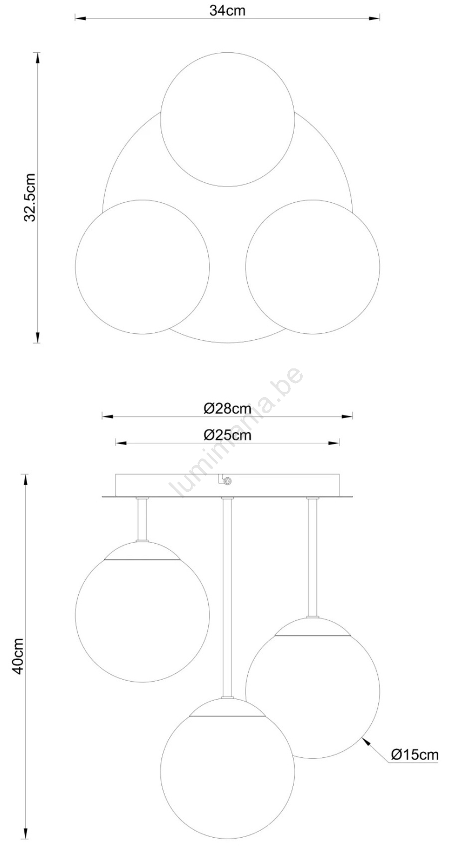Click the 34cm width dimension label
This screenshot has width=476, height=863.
(x=227, y=10)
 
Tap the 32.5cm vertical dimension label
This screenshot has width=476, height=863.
(x=30, y=197)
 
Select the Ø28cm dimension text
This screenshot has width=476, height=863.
(x=227, y=408)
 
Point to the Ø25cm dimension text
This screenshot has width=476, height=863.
(x=227, y=435)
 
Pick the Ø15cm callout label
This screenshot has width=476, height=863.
(x=414, y=754)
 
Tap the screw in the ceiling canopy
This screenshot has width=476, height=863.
(x=228, y=481)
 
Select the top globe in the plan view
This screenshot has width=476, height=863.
(x=228, y=119)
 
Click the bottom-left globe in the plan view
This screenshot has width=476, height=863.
(x=142, y=266)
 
